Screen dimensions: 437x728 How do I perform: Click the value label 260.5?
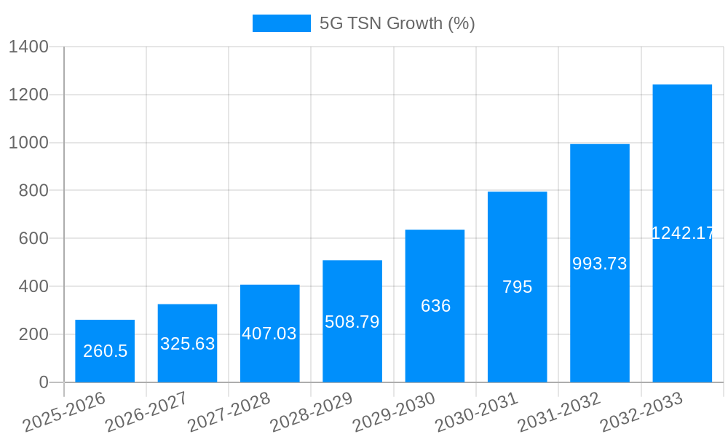coord(105,351)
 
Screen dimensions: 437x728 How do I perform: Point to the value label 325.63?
coord(187,344)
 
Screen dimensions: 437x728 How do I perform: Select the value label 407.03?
coord(269,334)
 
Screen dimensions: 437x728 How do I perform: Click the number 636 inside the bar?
coord(435,306)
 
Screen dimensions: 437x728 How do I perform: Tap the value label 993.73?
coord(599,264)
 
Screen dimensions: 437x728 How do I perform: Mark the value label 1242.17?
coord(682,233)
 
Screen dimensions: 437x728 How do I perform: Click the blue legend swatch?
coord(281,23)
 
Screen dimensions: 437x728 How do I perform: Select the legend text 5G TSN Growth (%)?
coord(397,23)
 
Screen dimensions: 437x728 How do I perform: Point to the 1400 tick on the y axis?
coord(28,47)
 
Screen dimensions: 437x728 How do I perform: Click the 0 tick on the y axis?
coord(43,382)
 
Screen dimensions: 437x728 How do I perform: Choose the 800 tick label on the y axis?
coord(33,191)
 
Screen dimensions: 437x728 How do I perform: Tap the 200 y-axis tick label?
coord(33,334)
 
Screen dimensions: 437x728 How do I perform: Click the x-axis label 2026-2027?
coord(146,412)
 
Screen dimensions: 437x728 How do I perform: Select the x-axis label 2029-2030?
coord(394,412)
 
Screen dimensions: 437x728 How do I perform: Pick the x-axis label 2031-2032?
coord(559,412)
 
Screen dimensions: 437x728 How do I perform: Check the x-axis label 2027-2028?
coord(229,412)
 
